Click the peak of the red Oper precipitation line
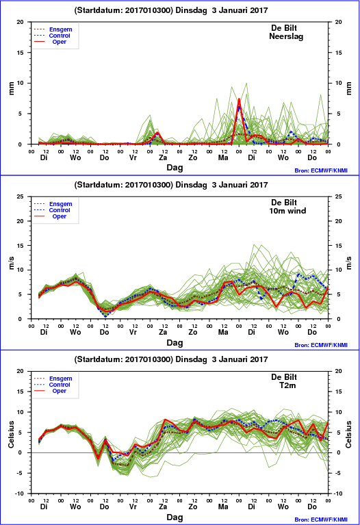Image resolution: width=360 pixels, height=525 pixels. (x=239, y=99)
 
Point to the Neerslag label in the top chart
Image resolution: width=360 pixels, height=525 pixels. (x=286, y=36)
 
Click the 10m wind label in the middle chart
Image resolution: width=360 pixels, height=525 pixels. (x=287, y=211)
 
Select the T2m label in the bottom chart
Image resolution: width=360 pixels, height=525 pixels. (x=287, y=385)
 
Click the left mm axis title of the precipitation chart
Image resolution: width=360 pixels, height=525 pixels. (x=12, y=88)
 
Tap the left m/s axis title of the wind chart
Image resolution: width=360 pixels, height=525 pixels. (x=12, y=263)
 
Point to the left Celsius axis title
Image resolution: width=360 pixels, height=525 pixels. (x=12, y=435)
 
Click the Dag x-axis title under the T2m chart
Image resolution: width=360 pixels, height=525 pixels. (x=175, y=517)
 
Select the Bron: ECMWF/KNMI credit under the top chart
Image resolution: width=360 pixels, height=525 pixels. (x=321, y=170)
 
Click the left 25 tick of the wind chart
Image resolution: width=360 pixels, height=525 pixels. (x=20, y=196)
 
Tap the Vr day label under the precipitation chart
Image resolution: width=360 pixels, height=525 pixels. (x=133, y=157)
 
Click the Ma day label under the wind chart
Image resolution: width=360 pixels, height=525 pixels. (x=223, y=332)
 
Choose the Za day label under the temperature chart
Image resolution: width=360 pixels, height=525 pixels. (x=163, y=507)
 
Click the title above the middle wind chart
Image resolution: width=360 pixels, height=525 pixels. (x=171, y=185)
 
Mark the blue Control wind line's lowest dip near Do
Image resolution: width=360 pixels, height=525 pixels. (x=105, y=316)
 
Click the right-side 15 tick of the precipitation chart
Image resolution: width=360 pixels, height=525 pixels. (x=339, y=53)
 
